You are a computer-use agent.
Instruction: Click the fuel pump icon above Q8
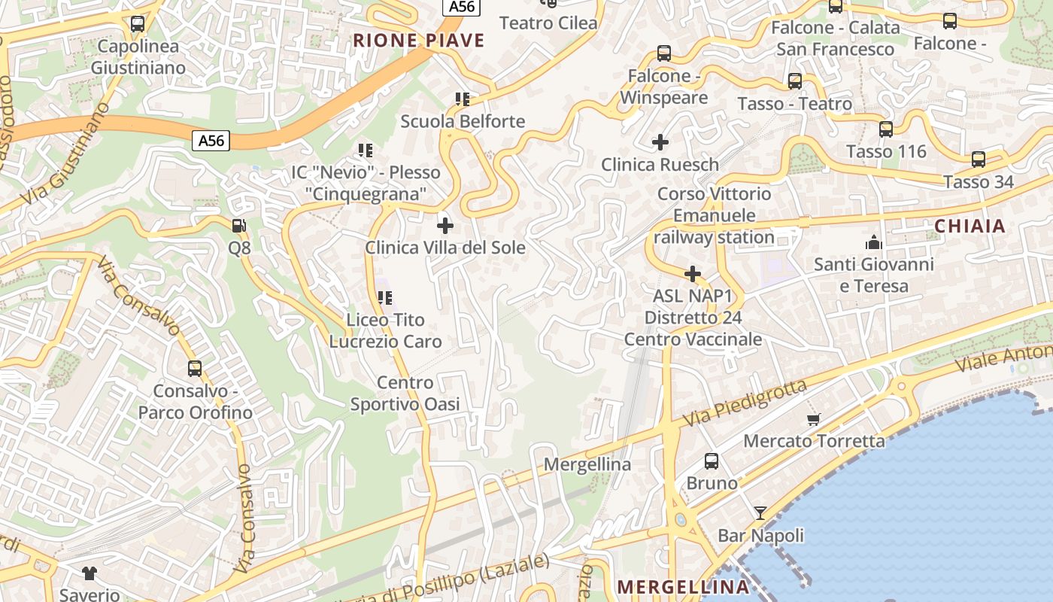click(x=239, y=225)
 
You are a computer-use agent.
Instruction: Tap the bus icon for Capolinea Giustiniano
click(x=137, y=24)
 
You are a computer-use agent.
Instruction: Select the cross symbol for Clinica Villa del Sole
click(x=445, y=225)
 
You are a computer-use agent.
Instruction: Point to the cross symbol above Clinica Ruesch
click(x=660, y=141)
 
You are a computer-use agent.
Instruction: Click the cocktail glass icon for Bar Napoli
click(x=760, y=513)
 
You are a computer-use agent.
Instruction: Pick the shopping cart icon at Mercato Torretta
click(x=813, y=419)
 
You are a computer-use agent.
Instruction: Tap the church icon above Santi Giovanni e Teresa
click(x=873, y=242)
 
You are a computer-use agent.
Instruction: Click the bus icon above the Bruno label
click(x=711, y=461)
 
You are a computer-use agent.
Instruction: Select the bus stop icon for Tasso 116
click(x=885, y=129)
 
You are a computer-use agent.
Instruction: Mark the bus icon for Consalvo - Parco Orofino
click(x=195, y=369)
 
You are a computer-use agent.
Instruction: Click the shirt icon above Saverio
click(x=90, y=573)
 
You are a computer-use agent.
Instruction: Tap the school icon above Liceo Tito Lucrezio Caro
click(x=385, y=298)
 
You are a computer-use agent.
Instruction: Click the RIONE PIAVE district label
click(x=419, y=41)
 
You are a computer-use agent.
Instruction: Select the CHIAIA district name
click(x=970, y=226)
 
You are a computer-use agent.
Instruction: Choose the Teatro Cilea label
click(x=548, y=23)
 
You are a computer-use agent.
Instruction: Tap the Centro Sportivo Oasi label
click(x=405, y=394)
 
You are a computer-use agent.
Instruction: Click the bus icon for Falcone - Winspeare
click(x=663, y=53)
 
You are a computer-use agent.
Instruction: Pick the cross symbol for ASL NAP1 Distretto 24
click(x=693, y=274)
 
